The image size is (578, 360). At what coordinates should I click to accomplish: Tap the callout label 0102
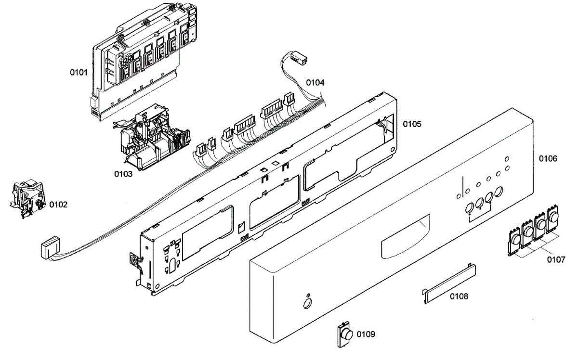click(58, 205)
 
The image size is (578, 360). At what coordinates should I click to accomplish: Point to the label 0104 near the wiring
click(315, 82)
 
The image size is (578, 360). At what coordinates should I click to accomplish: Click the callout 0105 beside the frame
click(412, 124)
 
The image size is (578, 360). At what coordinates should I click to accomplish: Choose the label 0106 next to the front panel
click(548, 158)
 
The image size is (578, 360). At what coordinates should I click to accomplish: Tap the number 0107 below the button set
click(556, 260)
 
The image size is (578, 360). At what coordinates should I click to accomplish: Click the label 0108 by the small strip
click(459, 296)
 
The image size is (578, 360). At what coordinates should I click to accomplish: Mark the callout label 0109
click(366, 334)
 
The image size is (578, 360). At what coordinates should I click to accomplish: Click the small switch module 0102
click(26, 197)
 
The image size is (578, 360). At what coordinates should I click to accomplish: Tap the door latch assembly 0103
click(152, 140)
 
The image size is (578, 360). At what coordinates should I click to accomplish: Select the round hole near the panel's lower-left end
click(305, 303)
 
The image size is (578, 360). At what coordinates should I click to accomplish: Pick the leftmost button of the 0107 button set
click(515, 238)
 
